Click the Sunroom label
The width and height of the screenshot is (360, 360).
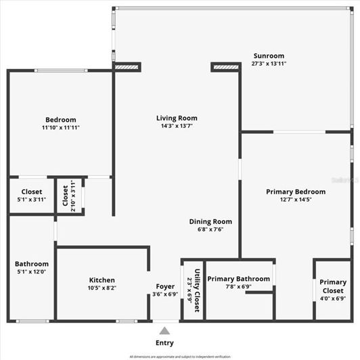point(269,55)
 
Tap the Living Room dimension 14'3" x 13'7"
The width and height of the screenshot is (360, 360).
point(177,126)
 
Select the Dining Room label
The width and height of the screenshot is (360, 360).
point(210,221)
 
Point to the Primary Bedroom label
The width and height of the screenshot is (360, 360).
point(296,192)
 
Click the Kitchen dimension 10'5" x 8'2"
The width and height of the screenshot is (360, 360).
point(102,288)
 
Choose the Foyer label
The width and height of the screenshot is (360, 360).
point(165,286)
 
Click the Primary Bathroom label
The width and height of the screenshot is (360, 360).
point(238,279)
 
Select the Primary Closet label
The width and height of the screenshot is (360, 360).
point(332,287)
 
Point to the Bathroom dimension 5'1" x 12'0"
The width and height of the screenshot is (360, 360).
point(32,272)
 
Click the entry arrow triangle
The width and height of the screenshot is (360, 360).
point(164,331)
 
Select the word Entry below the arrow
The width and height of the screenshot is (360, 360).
point(164,343)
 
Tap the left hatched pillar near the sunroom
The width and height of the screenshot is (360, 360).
point(127,67)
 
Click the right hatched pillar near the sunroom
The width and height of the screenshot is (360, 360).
point(226,67)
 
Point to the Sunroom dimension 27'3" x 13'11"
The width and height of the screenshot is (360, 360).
point(269,63)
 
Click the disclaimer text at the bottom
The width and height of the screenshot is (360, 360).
point(180,356)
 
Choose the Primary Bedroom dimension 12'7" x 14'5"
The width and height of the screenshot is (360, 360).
point(296,200)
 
